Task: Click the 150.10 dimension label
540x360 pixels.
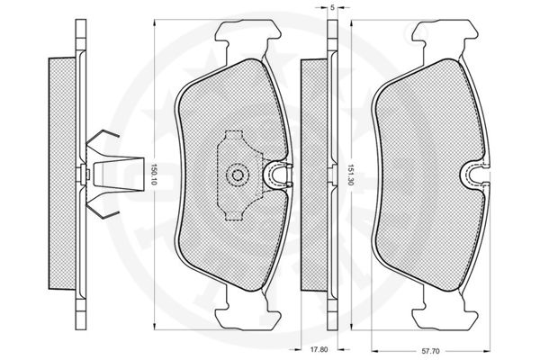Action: (x=154, y=174)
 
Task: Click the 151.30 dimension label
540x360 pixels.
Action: (x=351, y=175)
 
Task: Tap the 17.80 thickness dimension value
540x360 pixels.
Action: (x=319, y=350)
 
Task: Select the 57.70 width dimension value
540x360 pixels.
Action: (x=430, y=351)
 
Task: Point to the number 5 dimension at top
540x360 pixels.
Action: (x=332, y=8)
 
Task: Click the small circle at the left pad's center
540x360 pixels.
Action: (x=237, y=175)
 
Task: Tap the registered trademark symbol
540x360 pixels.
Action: (x=420, y=31)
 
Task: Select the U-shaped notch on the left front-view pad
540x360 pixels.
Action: (x=278, y=175)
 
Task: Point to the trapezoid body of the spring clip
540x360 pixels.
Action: (x=119, y=175)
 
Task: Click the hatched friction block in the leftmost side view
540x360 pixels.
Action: (x=62, y=174)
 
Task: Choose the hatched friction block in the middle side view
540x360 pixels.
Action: (x=314, y=175)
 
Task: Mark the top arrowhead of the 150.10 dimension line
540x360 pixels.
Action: (x=154, y=22)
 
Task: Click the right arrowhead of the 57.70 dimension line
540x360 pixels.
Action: (x=487, y=351)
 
